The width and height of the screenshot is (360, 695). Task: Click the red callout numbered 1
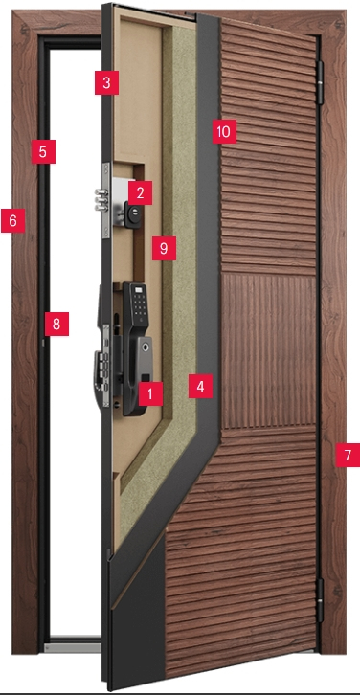[150, 393]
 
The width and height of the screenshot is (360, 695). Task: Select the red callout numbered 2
[140, 192]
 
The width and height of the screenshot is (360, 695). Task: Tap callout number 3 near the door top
[106, 82]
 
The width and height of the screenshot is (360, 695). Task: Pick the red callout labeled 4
[200, 386]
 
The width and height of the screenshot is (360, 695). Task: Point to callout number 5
[43, 151]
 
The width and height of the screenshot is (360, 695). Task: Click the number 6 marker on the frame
[12, 220]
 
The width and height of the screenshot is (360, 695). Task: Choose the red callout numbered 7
[348, 455]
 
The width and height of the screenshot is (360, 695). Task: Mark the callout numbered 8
[56, 324]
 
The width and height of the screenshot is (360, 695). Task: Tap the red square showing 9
[164, 248]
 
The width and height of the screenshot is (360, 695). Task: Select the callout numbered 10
[224, 132]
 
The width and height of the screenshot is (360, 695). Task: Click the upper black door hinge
[320, 83]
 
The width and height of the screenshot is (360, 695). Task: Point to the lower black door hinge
[320, 600]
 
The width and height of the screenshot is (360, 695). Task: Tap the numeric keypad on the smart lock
[140, 304]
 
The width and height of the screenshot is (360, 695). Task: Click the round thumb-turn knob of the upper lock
[132, 214]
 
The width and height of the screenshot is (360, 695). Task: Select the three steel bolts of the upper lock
[101, 201]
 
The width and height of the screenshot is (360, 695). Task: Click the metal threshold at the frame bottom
[73, 648]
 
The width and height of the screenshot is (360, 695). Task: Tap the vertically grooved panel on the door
[269, 350]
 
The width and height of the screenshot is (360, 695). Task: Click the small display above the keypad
[140, 290]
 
